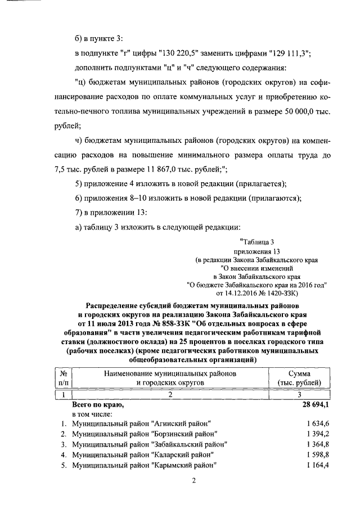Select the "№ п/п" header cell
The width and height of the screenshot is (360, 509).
pos(64,378)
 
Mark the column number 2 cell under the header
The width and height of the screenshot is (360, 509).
pos(170,394)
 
